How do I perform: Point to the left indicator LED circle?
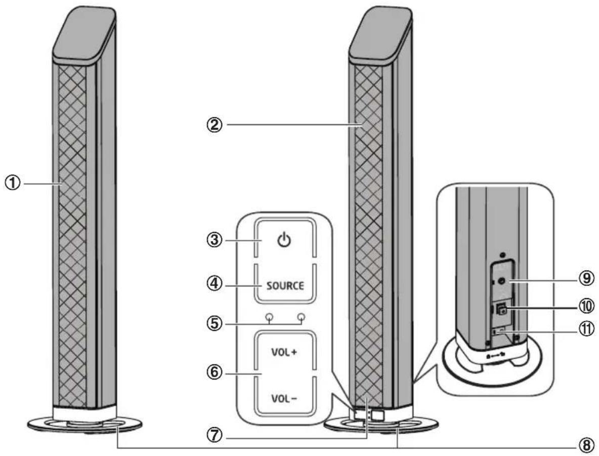point(270,317)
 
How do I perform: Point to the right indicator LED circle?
point(302,317)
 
